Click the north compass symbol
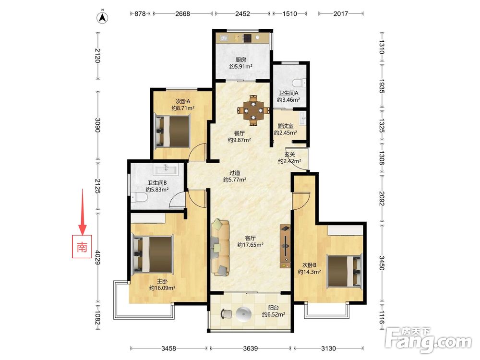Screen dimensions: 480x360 (103, 18)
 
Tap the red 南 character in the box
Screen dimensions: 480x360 (82, 247)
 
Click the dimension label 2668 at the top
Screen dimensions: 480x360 (182, 13)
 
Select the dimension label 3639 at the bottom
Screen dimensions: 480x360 (250, 348)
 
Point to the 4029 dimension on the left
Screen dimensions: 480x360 (97, 257)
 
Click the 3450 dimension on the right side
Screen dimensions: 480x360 (382, 263)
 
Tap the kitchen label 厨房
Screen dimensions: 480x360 (240, 60)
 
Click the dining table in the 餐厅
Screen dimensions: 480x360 (253, 110)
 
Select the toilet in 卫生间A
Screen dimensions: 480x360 (299, 83)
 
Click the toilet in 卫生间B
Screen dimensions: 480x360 (139, 197)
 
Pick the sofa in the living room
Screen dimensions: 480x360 (220, 247)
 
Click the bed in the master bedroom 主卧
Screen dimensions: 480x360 (153, 254)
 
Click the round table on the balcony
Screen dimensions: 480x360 (244, 314)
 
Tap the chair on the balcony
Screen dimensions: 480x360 (226, 314)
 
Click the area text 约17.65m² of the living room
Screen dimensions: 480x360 (251, 245)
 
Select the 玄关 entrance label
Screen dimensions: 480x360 (289, 154)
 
